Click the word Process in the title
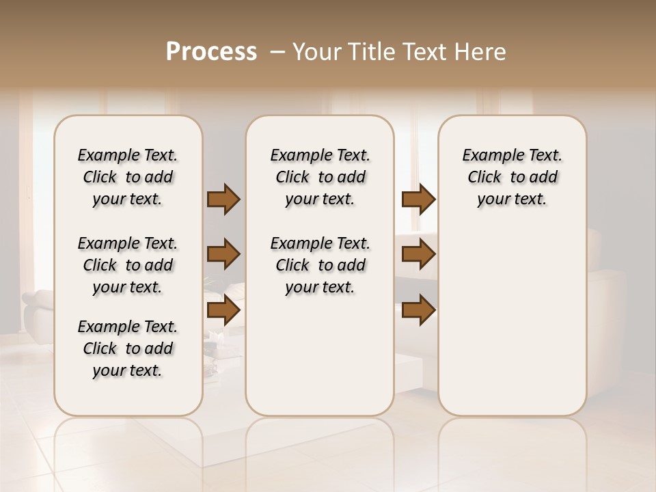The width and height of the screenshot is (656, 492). (x=211, y=52)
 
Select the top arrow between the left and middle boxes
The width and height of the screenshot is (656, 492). (x=223, y=199)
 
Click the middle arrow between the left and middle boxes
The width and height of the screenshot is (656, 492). (x=223, y=254)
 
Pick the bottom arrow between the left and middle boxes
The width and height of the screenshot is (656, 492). (x=223, y=310)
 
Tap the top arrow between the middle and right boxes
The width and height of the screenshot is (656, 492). (x=418, y=199)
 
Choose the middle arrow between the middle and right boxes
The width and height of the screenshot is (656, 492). (x=418, y=254)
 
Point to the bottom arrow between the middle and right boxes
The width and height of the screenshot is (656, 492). (x=418, y=310)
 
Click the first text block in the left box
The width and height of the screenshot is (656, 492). (x=128, y=177)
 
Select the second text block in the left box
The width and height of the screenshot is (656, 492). (x=128, y=265)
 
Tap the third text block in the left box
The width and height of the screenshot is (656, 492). (x=128, y=348)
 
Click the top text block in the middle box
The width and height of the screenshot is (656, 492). (x=320, y=177)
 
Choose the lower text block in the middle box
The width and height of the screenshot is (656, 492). (x=320, y=265)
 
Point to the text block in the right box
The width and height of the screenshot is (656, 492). (x=512, y=177)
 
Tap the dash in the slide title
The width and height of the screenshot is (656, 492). (x=277, y=52)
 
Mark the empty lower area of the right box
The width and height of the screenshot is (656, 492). (x=512, y=321)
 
